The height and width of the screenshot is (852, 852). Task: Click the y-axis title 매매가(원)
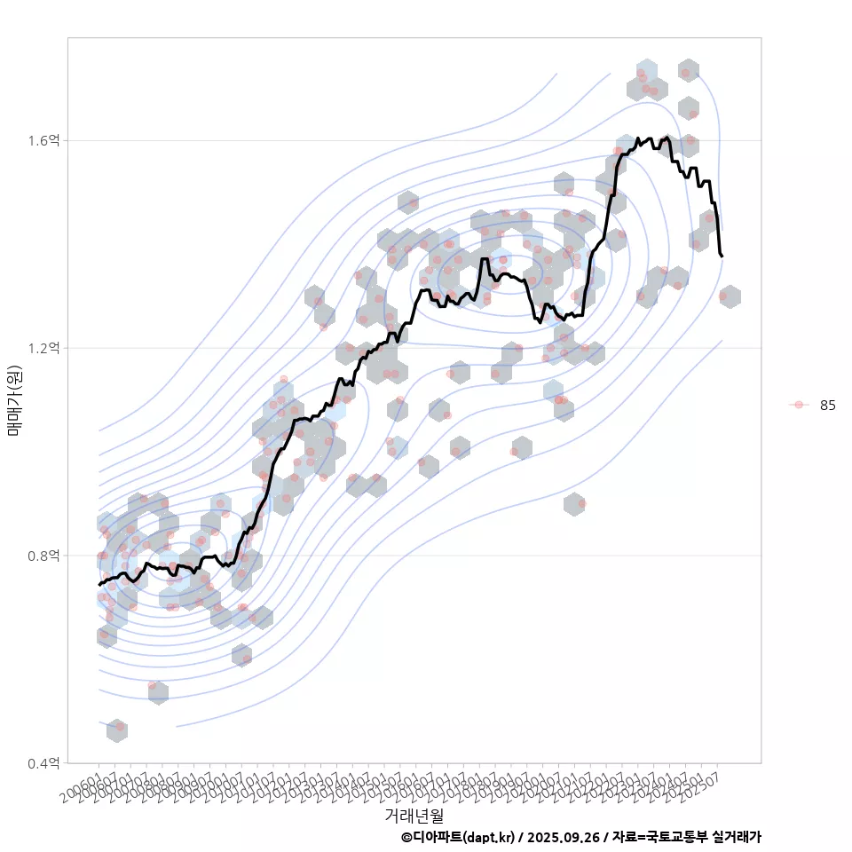[x=15, y=401]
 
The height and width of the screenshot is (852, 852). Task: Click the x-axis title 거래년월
[x=414, y=815]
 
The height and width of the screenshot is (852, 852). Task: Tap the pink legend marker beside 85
[x=799, y=405]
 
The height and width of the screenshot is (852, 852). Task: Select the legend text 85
[x=828, y=405]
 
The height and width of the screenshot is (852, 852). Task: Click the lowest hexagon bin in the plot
[x=116, y=730]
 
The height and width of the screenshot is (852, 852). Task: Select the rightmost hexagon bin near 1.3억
[x=730, y=296]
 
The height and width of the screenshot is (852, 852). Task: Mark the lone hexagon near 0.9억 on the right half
[x=574, y=503]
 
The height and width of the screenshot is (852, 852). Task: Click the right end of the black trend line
[x=722, y=256]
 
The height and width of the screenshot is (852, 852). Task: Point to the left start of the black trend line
[x=99, y=584]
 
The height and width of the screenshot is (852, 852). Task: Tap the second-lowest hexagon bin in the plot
[x=158, y=691]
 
